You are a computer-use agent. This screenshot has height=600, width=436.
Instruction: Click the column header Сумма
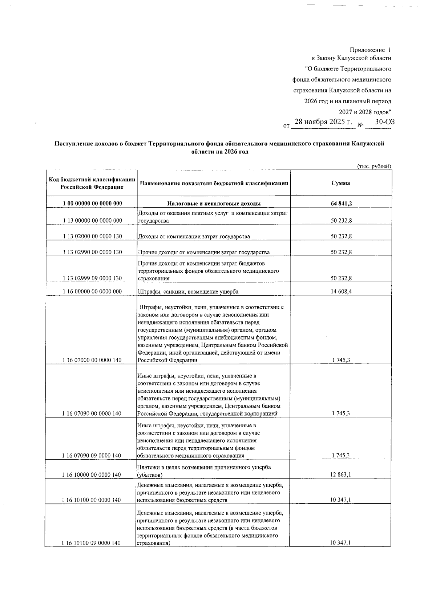coord(340,183)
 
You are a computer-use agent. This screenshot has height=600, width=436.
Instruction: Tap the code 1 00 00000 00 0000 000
coord(92,204)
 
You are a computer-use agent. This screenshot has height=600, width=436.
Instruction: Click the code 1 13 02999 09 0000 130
coord(92,279)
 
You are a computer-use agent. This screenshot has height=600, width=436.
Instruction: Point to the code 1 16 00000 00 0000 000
coord(92,292)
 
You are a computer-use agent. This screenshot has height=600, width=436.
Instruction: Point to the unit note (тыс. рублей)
coord(374,167)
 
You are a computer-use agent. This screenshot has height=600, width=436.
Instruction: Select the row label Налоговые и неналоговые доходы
coord(213,204)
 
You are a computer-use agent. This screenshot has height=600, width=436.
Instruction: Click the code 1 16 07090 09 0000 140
coord(92,456)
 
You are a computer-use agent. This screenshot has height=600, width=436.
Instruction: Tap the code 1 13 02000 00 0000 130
coord(92,236)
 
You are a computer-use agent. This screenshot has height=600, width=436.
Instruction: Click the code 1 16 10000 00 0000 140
coord(92,475)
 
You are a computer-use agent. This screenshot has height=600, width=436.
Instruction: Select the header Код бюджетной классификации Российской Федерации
coord(92,183)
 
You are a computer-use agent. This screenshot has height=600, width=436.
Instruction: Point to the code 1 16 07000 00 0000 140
coord(92,360)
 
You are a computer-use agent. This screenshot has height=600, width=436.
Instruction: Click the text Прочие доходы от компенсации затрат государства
coord(203,252)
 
